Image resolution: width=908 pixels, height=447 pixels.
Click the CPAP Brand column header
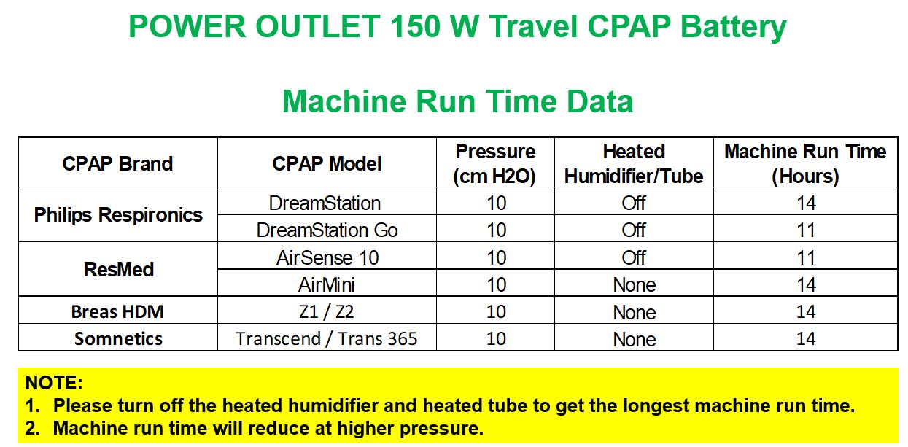click(x=117, y=164)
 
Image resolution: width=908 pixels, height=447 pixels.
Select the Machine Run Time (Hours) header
click(x=805, y=164)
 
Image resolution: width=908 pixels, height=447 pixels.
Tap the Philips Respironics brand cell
click(x=118, y=215)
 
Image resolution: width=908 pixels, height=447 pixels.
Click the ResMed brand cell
click(x=118, y=270)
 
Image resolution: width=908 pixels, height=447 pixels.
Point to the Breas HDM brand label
click(x=117, y=311)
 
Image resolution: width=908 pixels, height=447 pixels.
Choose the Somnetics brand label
click(x=118, y=339)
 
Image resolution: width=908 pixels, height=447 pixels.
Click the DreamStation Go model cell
click(x=327, y=230)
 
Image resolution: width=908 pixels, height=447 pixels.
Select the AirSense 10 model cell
click(x=327, y=257)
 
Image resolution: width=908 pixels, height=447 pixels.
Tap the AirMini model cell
click(x=327, y=284)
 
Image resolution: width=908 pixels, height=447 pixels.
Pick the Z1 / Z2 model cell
click(x=327, y=311)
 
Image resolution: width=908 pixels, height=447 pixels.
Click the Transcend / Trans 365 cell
click(x=326, y=339)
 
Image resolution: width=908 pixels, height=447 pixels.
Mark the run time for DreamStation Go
click(x=806, y=230)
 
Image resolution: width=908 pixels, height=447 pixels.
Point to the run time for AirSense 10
click(x=806, y=257)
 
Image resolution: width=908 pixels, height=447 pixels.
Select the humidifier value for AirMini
click(x=635, y=285)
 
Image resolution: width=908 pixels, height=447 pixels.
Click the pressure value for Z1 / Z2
click(x=496, y=311)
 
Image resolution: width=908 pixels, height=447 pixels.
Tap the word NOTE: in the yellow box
click(x=54, y=383)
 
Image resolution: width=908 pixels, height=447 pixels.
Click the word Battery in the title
click(x=733, y=27)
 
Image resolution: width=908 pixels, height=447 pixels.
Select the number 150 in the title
click(x=416, y=26)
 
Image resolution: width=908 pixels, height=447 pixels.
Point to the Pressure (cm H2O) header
click(x=495, y=164)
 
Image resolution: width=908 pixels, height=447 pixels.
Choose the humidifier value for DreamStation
click(x=634, y=203)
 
